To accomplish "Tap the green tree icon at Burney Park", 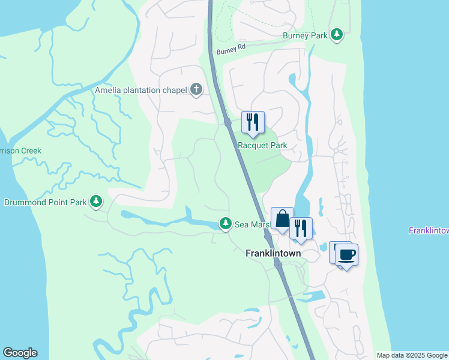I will coord(337,35).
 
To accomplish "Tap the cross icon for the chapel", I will coord(196,90).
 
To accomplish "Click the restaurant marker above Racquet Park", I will coord(253,122).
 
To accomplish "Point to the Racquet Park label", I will coord(262,145).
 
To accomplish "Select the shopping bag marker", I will coord(282,218).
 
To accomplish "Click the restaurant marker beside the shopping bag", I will coord(301,229).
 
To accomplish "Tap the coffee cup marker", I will coord(346,254).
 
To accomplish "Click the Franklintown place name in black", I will coord(273,253).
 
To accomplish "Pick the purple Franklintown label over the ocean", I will coord(429,230).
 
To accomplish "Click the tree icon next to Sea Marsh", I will coord(225,224).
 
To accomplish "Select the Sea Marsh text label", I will coord(249,224).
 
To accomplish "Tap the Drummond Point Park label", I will coord(46,202).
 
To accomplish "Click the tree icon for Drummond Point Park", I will coord(95,202).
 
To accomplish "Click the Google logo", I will coord(20,353).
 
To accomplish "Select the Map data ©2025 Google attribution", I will coord(412,355).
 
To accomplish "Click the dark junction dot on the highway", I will coord(228,122).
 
